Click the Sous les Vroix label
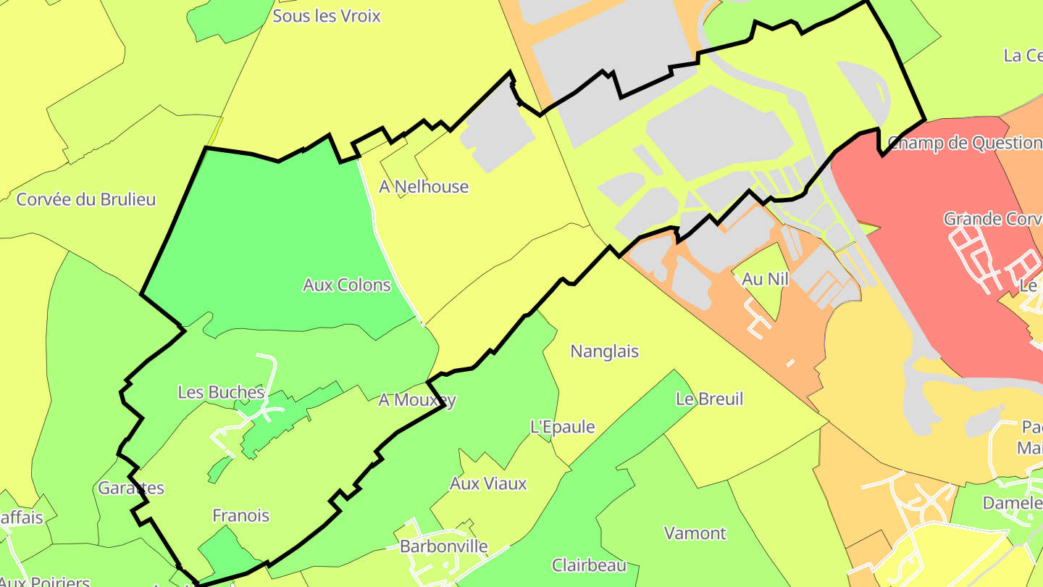pos(326,16)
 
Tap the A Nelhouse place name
pos(424,187)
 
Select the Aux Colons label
pos(347,285)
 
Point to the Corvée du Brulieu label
pos(86,199)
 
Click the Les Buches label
pos(221,392)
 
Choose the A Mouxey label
pos(417,400)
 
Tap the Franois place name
pos(240,516)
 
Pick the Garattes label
pos(131,488)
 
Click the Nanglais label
pos(605,351)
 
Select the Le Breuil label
pos(709,399)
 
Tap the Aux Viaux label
pos(488,483)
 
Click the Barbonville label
pos(444,546)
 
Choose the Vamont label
pos(695,533)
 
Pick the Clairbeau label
pos(589,565)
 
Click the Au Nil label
pos(765,279)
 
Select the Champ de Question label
pos(964,143)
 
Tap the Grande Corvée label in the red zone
pos(992,219)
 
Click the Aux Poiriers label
pos(45,581)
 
